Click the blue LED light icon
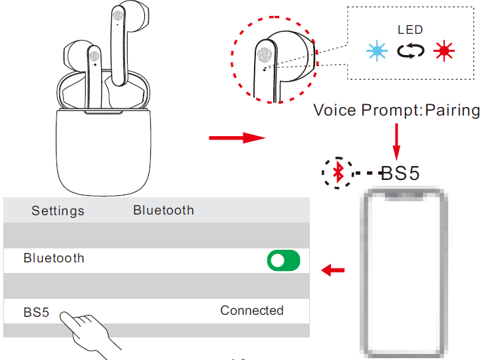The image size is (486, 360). [378, 51]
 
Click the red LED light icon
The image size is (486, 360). [443, 51]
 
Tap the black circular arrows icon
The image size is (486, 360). [410, 51]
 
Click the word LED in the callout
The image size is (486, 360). [410, 29]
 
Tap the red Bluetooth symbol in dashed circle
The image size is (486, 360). [338, 173]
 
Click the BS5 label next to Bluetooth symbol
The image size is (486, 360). [400, 173]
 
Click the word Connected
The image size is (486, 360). [252, 310]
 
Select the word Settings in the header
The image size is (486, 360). [58, 211]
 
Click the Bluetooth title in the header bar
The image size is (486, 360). [164, 210]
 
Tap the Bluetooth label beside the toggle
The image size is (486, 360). [54, 258]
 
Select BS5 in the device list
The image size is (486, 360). [37, 312]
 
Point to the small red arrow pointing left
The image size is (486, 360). [333, 270]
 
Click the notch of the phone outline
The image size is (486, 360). [404, 196]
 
